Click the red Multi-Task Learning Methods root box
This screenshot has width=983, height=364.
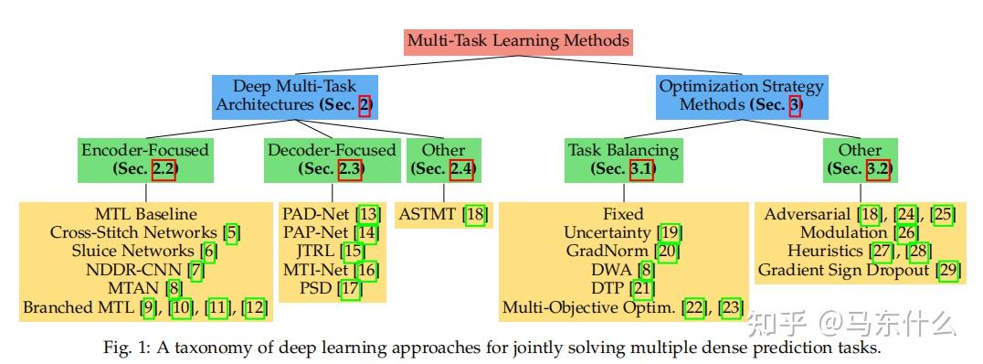coord(518,41)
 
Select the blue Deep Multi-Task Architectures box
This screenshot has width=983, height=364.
coord(295,95)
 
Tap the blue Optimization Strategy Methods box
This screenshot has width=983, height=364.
coord(740,95)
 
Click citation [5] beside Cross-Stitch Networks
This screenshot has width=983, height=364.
coord(232,232)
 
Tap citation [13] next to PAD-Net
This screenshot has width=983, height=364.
coord(367,214)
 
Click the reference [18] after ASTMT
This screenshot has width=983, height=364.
coord(475,214)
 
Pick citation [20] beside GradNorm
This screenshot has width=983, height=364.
coord(667,251)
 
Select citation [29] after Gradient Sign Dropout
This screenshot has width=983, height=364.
coord(948,269)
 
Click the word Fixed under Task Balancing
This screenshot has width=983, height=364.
coord(623,214)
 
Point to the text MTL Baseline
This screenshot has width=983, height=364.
coord(146,214)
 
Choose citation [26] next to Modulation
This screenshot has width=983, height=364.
coord(882,232)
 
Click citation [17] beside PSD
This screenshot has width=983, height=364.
coord(350,289)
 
